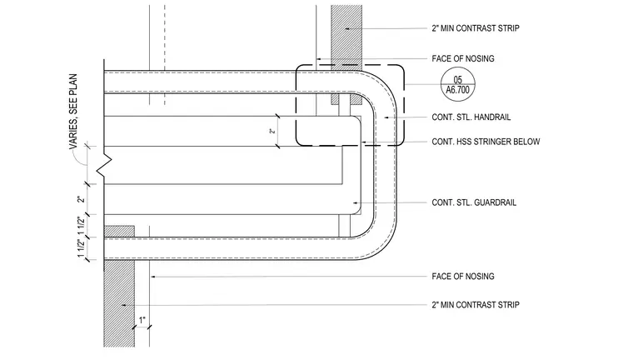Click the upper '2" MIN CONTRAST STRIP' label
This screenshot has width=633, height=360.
[x=476, y=28]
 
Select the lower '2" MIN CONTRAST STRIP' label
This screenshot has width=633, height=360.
[x=476, y=305]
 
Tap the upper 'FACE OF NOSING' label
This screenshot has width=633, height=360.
[x=463, y=58]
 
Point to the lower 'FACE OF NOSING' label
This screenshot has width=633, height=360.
[x=463, y=277]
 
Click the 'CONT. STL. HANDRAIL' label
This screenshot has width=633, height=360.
[x=471, y=117]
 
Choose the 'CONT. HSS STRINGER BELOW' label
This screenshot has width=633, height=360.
[x=486, y=142]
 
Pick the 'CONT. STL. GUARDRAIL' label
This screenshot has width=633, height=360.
[x=474, y=202]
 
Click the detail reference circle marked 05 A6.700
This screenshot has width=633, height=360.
[x=458, y=84]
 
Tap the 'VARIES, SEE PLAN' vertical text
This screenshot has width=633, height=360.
[x=73, y=112]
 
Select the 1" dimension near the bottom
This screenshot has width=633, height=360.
[x=142, y=320]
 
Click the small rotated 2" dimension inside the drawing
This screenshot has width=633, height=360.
[x=273, y=131]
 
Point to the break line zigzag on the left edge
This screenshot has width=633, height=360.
[x=104, y=164]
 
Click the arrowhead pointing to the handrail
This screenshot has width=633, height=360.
[x=386, y=117]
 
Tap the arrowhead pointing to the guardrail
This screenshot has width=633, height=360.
[x=356, y=202]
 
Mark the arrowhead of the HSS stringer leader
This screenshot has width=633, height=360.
[x=364, y=142]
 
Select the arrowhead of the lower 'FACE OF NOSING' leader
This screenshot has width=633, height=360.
[x=153, y=277]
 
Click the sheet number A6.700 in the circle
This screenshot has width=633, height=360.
[x=458, y=90]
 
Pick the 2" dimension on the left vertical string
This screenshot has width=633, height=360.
[x=81, y=199]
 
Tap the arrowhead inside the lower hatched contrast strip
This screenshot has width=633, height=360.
[x=124, y=305]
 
